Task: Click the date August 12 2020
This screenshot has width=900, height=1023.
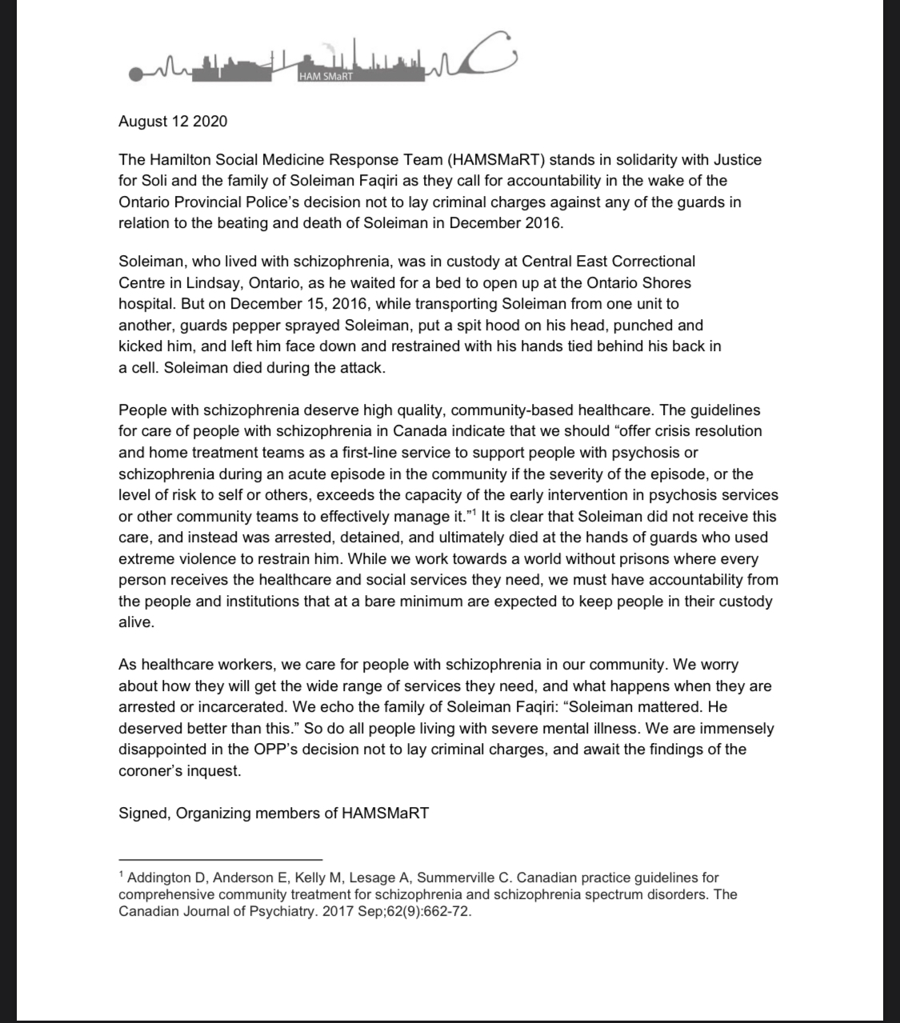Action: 172,122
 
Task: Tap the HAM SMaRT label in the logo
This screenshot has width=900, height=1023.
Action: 325,77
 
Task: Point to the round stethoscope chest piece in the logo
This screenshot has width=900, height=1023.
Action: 137,74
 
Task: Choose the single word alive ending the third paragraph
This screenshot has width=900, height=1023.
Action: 134,621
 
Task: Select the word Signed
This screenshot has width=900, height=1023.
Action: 143,813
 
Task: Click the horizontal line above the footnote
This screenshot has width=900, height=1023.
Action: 220,858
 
